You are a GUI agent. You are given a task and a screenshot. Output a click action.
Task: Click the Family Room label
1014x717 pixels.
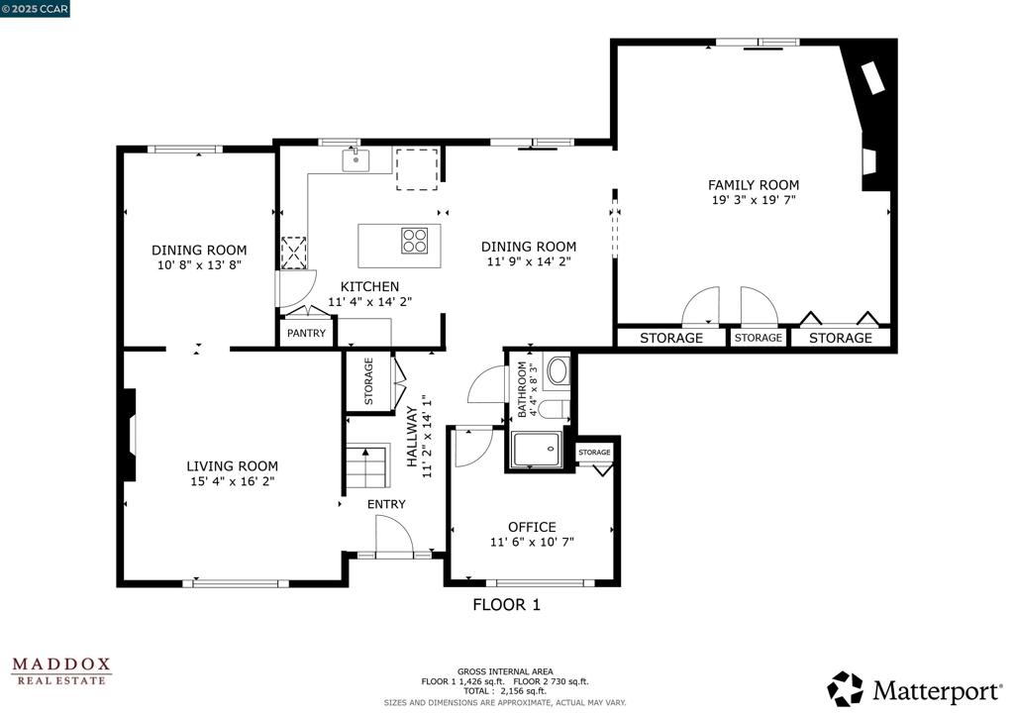pyautogui.click(x=753, y=185)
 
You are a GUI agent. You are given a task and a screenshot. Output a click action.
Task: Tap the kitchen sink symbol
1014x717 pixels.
pyautogui.click(x=355, y=159)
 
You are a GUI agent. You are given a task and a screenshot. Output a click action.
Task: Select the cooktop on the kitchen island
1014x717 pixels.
pyautogui.click(x=415, y=240)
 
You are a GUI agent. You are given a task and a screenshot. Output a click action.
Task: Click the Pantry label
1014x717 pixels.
pyautogui.click(x=306, y=334)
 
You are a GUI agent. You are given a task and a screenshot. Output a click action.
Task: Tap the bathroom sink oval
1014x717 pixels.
pyautogui.click(x=558, y=371)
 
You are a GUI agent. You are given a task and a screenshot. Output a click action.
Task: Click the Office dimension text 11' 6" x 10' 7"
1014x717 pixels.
pyautogui.click(x=532, y=542)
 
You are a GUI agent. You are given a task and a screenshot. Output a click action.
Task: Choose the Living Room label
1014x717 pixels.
pyautogui.click(x=233, y=465)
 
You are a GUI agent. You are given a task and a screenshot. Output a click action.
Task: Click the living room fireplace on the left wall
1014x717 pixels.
pyautogui.click(x=129, y=435)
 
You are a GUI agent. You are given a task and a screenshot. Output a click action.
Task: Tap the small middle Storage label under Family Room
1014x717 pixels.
pyautogui.click(x=758, y=338)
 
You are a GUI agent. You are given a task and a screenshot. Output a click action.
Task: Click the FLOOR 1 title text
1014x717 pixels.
pyautogui.click(x=506, y=604)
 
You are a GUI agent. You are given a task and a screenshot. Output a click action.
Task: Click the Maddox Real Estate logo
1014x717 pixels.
pyautogui.click(x=61, y=670)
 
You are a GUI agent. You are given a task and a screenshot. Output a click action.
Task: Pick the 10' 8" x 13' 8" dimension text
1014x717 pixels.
pyautogui.click(x=199, y=265)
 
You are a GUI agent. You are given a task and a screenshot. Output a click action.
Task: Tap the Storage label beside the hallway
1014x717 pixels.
pyautogui.click(x=368, y=381)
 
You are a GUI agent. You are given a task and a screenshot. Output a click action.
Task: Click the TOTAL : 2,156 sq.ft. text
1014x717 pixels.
pyautogui.click(x=505, y=691)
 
